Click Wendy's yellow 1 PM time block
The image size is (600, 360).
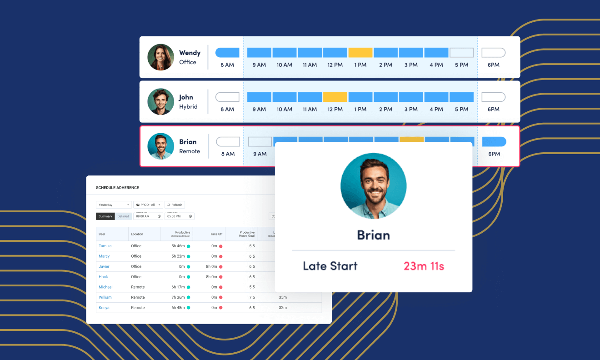[360, 52]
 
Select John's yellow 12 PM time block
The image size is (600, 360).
[335, 97]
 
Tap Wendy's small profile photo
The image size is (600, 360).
[161, 57]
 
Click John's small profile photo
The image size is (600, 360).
[161, 102]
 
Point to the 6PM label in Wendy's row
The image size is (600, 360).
[493, 65]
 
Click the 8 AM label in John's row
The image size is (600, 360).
[227, 110]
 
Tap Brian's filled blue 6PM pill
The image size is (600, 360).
[494, 141]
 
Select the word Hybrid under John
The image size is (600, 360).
[188, 107]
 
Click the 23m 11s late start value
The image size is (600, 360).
[424, 266]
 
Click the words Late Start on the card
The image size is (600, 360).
[330, 266]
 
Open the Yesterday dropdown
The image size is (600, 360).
[114, 205]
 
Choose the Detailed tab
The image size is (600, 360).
[123, 216]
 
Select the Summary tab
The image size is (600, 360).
[105, 216]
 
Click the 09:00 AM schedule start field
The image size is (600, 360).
[148, 216]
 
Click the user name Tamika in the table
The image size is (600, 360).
[105, 246]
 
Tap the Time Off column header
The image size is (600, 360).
[216, 234]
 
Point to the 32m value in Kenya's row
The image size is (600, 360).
[283, 308]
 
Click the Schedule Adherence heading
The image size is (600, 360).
[117, 188]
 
